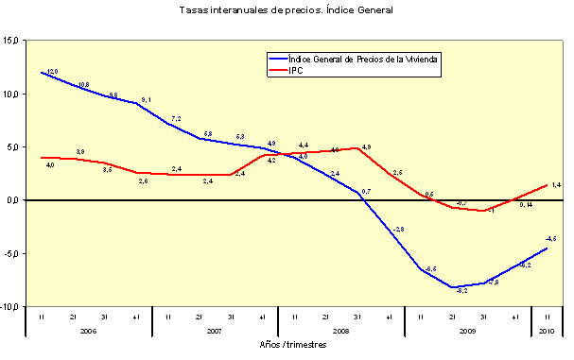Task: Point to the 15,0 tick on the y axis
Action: [11, 41]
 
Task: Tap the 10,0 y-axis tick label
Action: [11, 94]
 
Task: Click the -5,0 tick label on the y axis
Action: [11, 253]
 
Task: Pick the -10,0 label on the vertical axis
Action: [10, 307]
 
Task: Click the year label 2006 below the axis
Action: [88, 331]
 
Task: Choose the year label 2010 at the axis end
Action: [548, 331]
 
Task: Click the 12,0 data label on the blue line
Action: [52, 72]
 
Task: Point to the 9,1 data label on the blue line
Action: [146, 99]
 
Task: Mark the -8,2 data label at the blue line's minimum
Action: [461, 291]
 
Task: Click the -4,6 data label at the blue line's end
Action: [549, 238]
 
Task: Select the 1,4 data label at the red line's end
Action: [556, 184]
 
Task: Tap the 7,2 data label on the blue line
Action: [177, 119]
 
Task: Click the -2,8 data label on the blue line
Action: [398, 230]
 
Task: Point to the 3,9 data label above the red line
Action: [80, 151]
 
